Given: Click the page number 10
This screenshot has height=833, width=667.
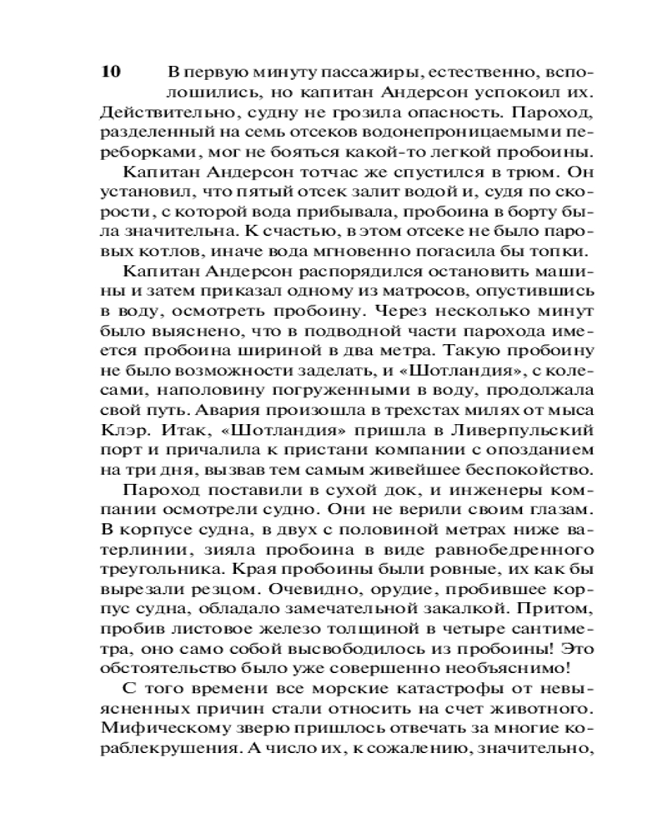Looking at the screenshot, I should click(111, 71).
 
